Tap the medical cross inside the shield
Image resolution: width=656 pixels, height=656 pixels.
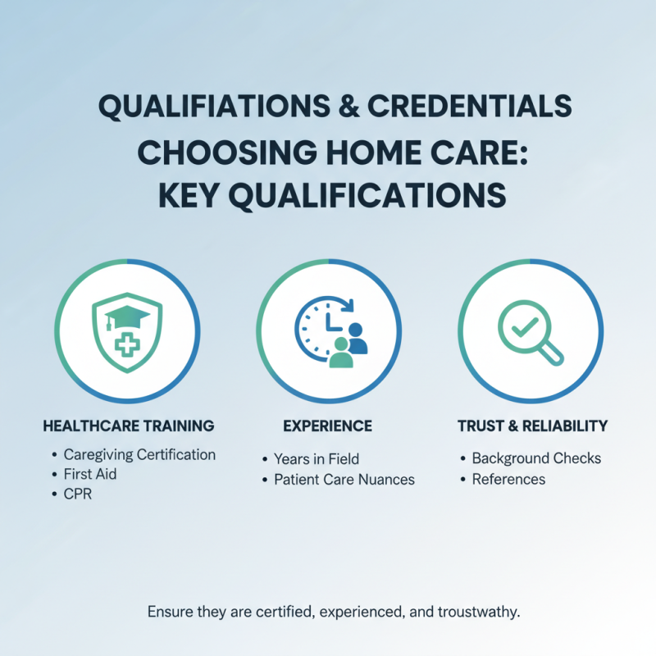[x=125, y=344]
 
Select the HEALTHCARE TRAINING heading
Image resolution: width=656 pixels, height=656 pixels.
[x=128, y=426]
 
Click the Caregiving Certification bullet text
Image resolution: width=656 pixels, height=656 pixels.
[x=139, y=454]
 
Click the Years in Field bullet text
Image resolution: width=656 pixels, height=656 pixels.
[x=317, y=459]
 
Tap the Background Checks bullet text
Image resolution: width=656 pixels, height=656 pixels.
[x=536, y=458]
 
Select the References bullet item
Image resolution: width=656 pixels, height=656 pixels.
[x=508, y=479]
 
